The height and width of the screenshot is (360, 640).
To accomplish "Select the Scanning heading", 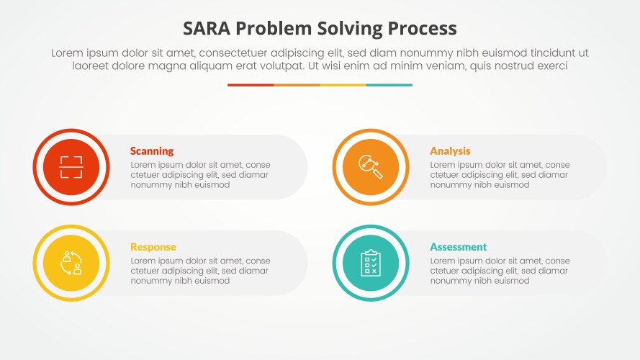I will (x=152, y=151).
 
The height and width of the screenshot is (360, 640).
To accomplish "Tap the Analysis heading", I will (x=450, y=151).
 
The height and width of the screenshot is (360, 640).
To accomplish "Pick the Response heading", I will (x=153, y=247).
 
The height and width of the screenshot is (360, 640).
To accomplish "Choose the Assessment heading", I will (x=459, y=247).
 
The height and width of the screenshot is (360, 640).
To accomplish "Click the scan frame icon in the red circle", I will (x=71, y=167).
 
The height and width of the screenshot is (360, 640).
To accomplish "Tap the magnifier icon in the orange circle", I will (x=371, y=167).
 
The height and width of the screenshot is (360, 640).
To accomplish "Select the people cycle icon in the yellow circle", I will (x=71, y=263).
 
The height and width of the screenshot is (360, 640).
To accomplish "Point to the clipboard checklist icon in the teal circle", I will (x=371, y=263).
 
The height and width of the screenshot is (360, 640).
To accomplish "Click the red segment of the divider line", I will (x=251, y=85).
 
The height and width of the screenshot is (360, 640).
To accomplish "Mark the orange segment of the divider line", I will (x=297, y=85).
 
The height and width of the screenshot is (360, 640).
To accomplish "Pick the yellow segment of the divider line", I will (x=343, y=85).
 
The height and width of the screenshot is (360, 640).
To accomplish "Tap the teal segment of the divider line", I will (x=389, y=85).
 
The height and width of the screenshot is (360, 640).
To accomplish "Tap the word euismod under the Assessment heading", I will (x=510, y=281).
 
